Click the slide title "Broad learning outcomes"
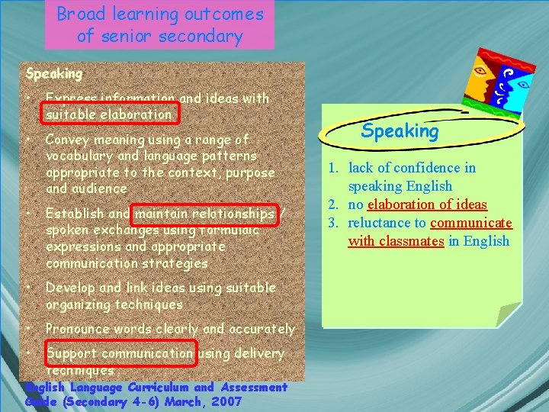[x=159, y=14]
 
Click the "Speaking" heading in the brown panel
[x=54, y=74]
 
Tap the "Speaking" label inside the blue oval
[x=400, y=131]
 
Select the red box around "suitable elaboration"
[x=110, y=113]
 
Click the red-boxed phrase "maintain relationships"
[x=204, y=214]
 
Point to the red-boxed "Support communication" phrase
[x=120, y=353]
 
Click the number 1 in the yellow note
[x=334, y=168]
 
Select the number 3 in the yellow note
[x=334, y=223]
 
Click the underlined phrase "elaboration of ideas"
[x=427, y=204]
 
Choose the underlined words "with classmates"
[x=396, y=241]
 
